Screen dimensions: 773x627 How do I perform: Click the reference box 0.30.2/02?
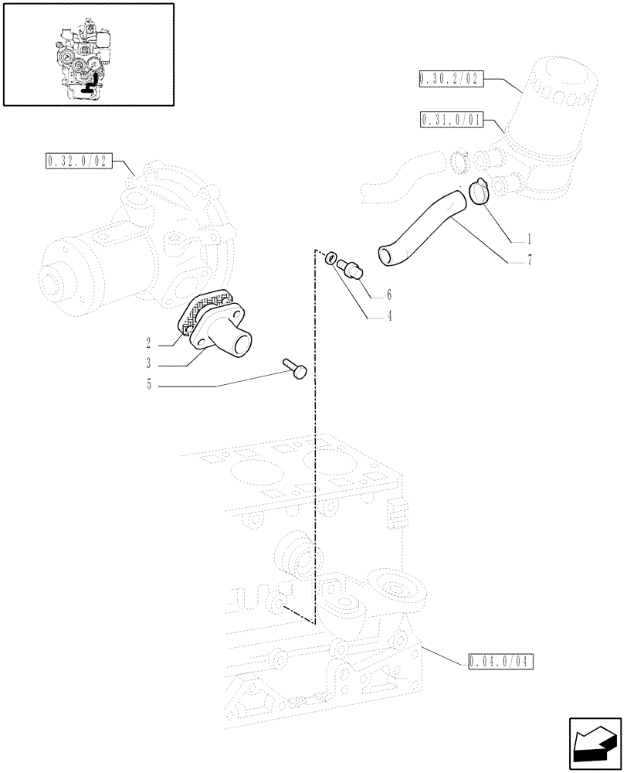coord(449,78)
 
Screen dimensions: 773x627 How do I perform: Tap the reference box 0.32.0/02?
coord(78,161)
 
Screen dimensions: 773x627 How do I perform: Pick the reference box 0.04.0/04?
coord(500,661)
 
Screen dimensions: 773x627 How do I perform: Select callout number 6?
coord(389,295)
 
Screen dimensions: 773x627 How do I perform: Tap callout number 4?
coord(389,315)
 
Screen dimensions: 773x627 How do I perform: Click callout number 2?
coord(148,341)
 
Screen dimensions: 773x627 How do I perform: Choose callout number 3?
coord(148,363)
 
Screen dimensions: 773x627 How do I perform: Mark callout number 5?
coord(148,384)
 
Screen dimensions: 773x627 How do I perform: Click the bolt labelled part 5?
coord(296,367)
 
